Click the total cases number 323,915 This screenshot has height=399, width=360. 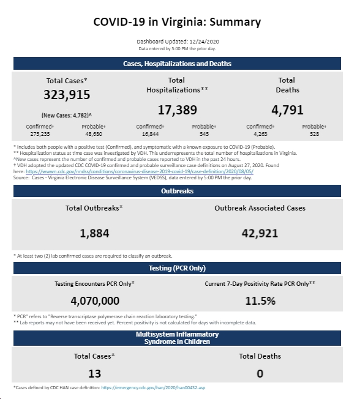67,95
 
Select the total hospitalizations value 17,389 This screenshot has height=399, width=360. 178,110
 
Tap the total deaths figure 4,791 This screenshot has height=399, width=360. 287,110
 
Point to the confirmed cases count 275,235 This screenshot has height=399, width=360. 40,134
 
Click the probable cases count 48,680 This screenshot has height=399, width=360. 94,134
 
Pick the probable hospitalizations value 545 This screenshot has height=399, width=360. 204,134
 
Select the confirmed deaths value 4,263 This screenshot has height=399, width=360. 260,134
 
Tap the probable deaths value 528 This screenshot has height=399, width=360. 315,134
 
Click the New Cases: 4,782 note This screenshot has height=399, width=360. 67,115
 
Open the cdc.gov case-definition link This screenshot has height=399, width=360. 140,171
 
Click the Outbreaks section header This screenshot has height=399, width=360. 177,191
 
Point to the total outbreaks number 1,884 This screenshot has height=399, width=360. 94,233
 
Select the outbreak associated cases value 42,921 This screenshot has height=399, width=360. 260,233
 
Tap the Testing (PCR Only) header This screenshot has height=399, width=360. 177,268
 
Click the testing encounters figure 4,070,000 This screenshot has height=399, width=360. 95,300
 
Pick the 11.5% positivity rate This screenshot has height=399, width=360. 260,300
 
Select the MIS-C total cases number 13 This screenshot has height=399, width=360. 94,373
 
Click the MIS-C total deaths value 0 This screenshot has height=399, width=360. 260,373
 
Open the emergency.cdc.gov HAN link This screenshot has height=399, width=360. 153,387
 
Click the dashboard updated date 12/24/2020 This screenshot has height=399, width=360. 204,42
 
